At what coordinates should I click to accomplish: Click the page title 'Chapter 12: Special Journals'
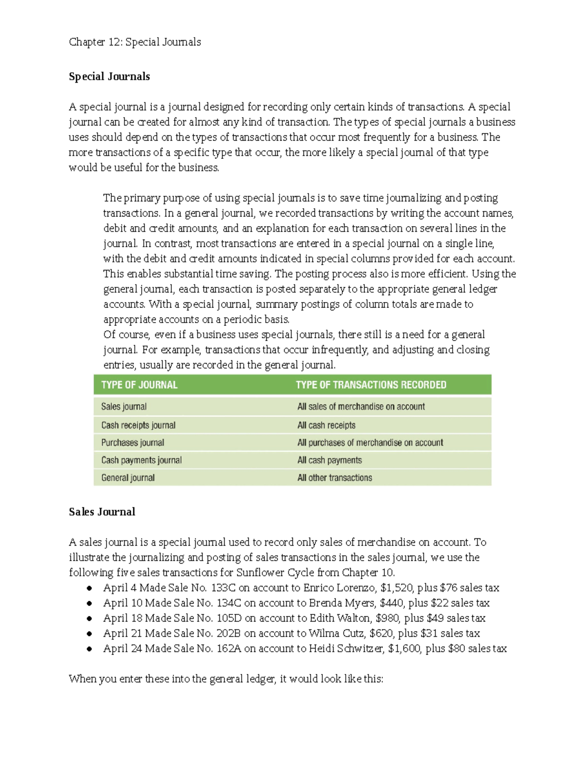[x=135, y=42]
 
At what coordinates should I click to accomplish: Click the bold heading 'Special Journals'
[x=109, y=77]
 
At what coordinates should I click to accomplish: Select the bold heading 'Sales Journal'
[x=102, y=512]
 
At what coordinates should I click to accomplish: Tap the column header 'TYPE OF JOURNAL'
[x=139, y=385]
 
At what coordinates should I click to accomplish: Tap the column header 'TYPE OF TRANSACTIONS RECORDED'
[x=371, y=385]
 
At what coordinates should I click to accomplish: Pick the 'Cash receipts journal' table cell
[x=138, y=425]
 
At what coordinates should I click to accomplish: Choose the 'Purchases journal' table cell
[x=132, y=443]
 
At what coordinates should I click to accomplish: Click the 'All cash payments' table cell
[x=330, y=460]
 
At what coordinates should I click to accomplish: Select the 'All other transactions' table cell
[x=335, y=478]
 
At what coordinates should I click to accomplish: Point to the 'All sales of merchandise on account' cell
[x=361, y=407]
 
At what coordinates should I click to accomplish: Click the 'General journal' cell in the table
[x=128, y=478]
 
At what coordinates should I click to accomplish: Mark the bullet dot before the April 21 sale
[x=89, y=634]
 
